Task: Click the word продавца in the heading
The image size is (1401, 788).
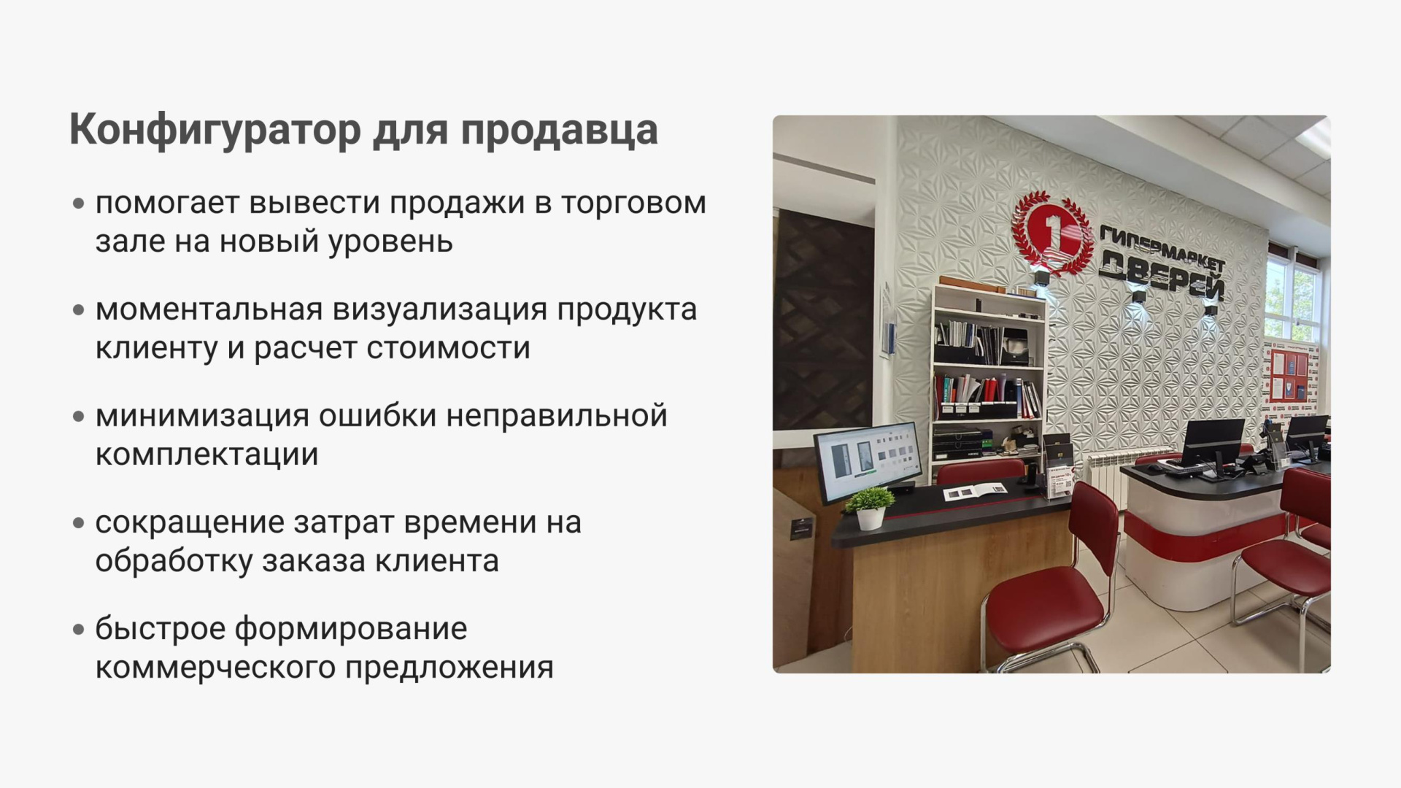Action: coord(559,131)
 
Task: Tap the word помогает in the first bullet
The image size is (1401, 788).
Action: coord(167,203)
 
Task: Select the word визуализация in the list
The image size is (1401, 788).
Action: coord(440,309)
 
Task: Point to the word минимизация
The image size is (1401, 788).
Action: coord(202,416)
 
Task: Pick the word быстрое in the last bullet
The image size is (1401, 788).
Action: coord(160,629)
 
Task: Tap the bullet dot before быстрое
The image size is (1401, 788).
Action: coord(79,630)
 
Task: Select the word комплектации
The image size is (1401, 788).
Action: coord(207,455)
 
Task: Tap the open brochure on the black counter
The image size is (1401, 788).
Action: coord(975,492)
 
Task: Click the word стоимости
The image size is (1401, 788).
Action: coord(448,348)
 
